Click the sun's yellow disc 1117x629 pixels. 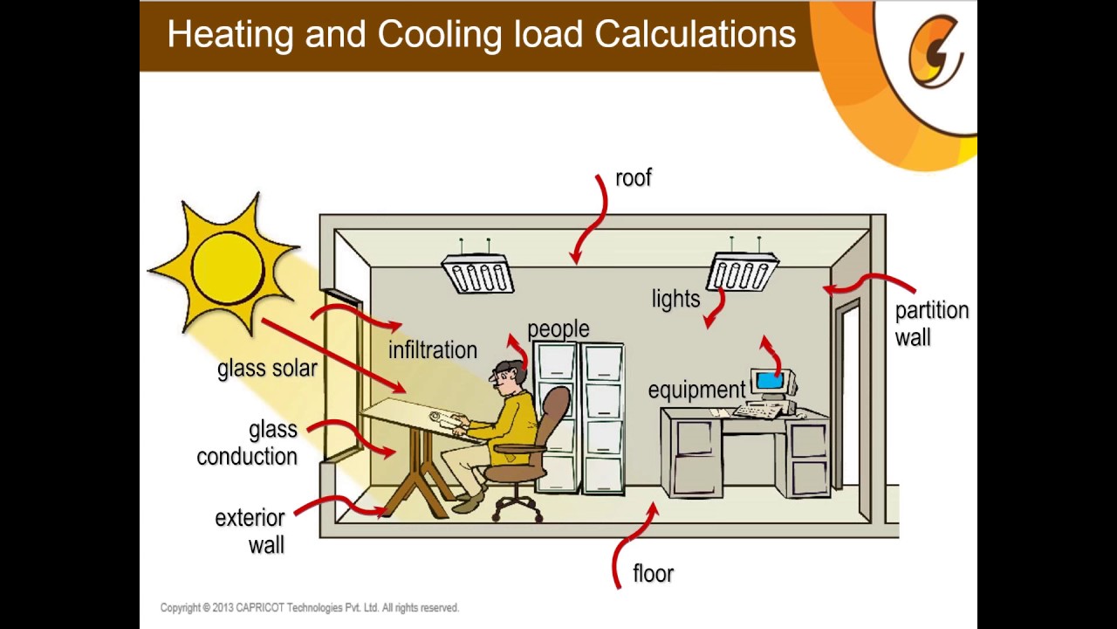point(227,265)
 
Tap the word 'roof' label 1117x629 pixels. point(634,178)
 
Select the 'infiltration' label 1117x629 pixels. point(433,350)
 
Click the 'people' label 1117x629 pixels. point(558,329)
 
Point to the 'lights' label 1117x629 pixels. point(676,299)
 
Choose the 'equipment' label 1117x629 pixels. point(696,390)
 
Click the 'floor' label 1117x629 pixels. point(654,574)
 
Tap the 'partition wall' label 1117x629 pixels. point(931,324)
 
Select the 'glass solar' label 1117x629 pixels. point(267,369)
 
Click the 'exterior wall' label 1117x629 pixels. point(250,531)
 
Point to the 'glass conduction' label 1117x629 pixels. point(248,443)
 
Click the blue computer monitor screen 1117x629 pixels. point(769,381)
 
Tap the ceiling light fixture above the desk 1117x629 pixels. point(743,272)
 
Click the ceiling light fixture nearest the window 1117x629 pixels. point(477,273)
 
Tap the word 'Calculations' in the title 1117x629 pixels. point(696,35)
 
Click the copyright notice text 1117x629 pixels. point(309,608)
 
